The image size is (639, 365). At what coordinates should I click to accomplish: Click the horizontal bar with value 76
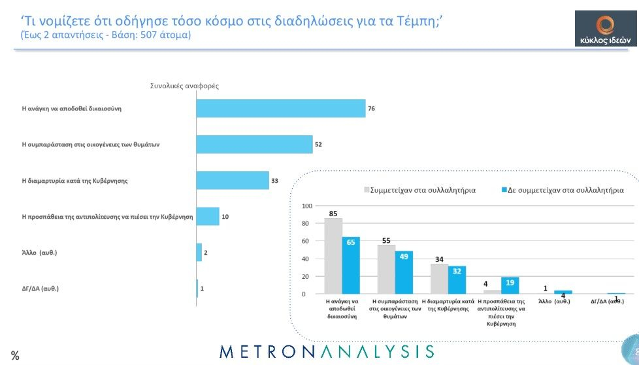[281, 108]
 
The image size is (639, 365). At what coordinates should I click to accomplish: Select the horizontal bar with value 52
[255, 144]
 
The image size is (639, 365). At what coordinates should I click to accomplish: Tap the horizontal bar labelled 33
[233, 180]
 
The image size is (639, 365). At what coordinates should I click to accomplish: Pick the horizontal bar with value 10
[208, 216]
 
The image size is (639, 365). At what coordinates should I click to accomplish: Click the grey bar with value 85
[333, 256]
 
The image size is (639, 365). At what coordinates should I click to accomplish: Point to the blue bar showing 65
[351, 265]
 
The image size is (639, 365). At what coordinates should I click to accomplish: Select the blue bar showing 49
[404, 272]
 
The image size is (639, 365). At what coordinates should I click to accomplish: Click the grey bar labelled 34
[439, 279]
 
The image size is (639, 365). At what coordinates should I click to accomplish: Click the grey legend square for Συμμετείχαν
[367, 191]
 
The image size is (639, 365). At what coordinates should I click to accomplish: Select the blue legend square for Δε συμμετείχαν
[504, 191]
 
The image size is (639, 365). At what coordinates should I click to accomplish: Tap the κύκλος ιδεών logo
[605, 29]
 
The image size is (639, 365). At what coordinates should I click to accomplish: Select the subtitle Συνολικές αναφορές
[184, 86]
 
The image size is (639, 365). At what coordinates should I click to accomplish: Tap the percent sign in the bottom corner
[14, 356]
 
